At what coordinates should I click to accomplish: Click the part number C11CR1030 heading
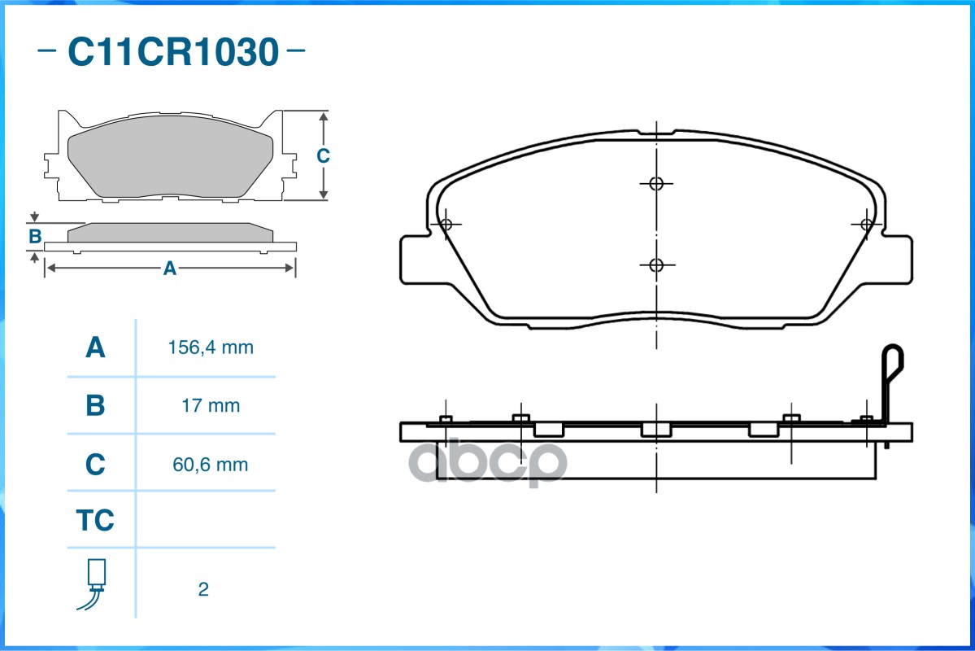tap(172, 52)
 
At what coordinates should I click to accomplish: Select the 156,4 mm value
tap(211, 348)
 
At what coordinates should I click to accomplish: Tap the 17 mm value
tap(211, 405)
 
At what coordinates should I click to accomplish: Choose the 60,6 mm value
tap(211, 465)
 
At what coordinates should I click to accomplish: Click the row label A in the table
tap(95, 348)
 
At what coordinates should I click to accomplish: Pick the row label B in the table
tap(95, 405)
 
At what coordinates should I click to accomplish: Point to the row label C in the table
tap(95, 465)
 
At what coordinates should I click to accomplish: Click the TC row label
tap(95, 520)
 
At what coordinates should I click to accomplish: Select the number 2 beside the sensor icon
tap(203, 589)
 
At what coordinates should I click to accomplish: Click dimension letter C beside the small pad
tap(323, 156)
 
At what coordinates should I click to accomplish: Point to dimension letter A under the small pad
tap(170, 269)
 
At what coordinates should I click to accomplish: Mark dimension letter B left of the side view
tap(35, 237)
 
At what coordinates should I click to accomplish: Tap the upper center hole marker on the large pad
tap(657, 183)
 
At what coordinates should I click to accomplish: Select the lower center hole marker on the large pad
tap(657, 264)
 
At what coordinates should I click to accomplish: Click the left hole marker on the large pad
tap(446, 224)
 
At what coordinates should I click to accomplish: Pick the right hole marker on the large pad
tap(867, 224)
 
